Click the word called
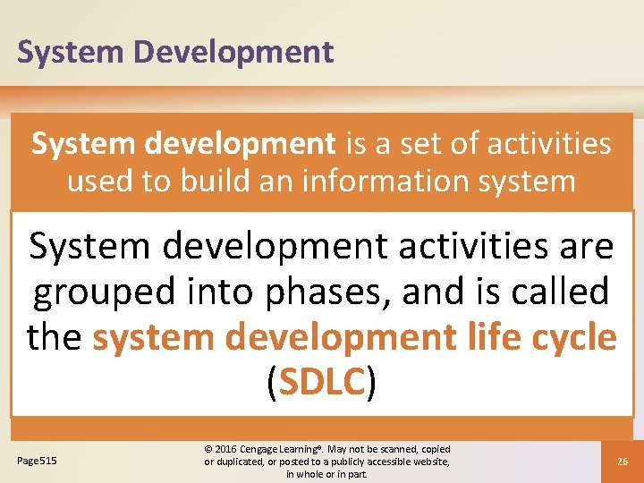(x=558, y=292)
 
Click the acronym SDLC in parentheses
(x=322, y=385)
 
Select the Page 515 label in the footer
(x=37, y=461)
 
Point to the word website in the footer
(x=425, y=462)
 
